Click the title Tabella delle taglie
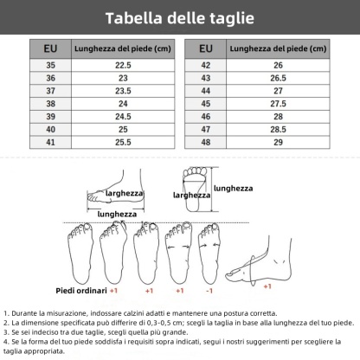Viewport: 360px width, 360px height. [180, 17]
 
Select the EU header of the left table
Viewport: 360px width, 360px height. [50, 48]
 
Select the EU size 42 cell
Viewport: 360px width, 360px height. [205, 64]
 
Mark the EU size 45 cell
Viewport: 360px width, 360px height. [205, 102]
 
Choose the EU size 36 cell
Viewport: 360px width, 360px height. [50, 77]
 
